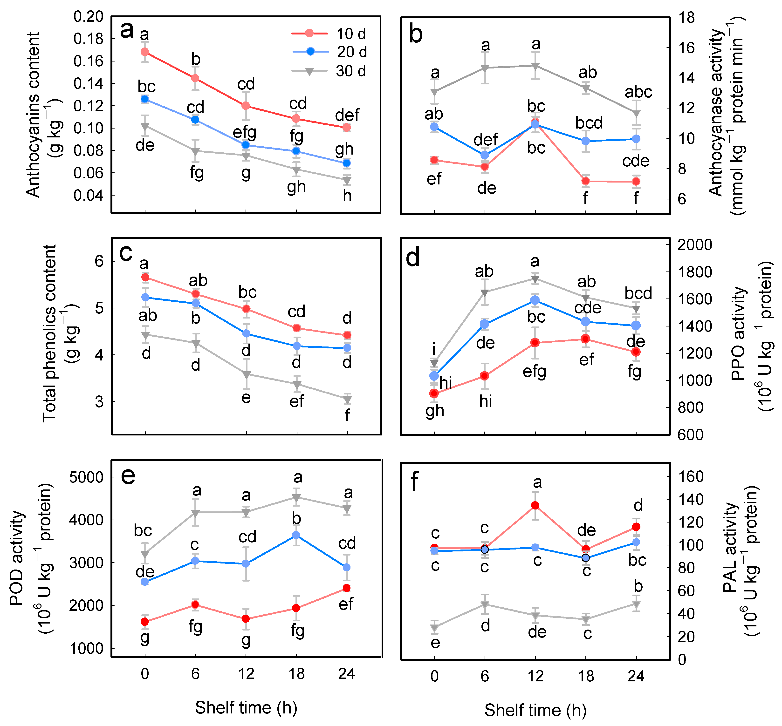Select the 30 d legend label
(x=350, y=71)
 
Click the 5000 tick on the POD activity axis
(x=86, y=477)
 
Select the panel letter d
(x=413, y=258)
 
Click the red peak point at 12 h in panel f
(x=535, y=505)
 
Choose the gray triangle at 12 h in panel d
(x=535, y=279)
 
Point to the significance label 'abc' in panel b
(x=638, y=92)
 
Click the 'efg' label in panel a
(x=244, y=132)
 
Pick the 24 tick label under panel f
(x=636, y=676)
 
